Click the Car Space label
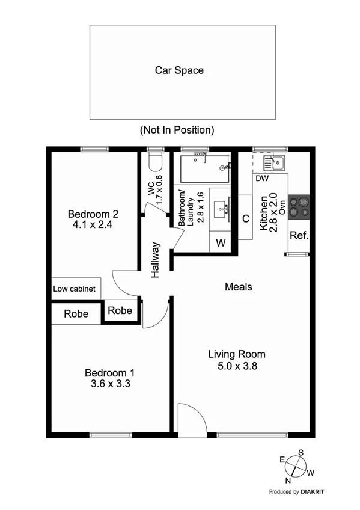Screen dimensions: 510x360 pyautogui.click(x=179, y=70)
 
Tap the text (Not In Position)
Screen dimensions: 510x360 pyautogui.click(x=177, y=130)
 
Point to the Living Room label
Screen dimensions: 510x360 pyautogui.click(x=236, y=354)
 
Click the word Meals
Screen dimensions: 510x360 pyautogui.click(x=238, y=287)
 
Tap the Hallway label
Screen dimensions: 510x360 pyautogui.click(x=156, y=259)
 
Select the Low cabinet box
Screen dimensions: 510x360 pyautogui.click(x=75, y=289)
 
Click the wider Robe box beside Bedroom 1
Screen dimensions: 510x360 pyautogui.click(x=76, y=314)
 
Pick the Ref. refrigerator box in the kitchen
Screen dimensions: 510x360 pyautogui.click(x=299, y=235)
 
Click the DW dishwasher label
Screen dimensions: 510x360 pyautogui.click(x=261, y=179)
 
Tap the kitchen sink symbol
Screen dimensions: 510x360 pyautogui.click(x=277, y=162)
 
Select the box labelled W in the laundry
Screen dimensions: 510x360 pyautogui.click(x=220, y=243)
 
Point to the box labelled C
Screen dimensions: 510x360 pyautogui.click(x=245, y=218)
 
